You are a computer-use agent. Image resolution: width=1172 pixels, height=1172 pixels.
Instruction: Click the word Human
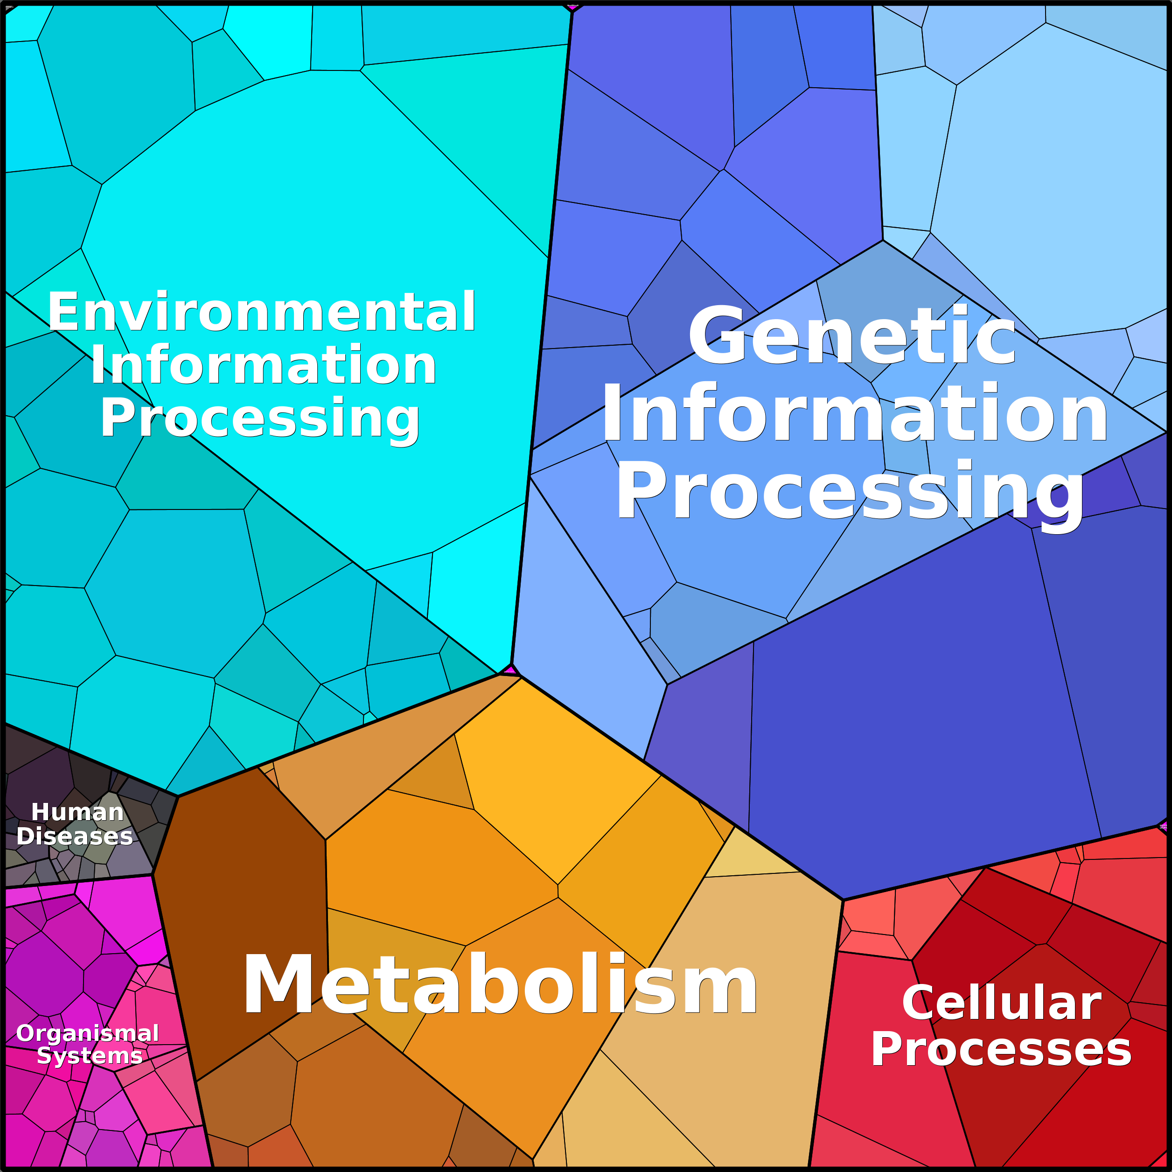[x=77, y=812]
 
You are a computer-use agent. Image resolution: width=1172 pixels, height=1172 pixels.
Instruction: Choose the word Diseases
[x=74, y=837]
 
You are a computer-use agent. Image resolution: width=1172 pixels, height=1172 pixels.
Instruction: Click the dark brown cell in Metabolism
[x=243, y=922]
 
